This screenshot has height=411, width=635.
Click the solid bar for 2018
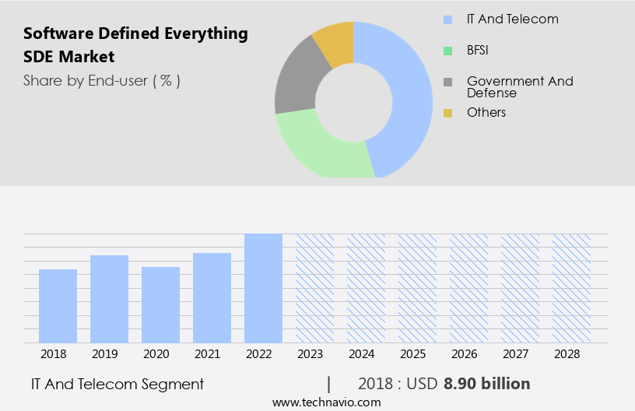(58, 306)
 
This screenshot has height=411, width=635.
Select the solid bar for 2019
(109, 299)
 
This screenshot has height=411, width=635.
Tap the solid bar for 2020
(160, 304)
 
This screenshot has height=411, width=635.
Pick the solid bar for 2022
(263, 288)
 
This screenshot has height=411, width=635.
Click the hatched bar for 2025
(417, 288)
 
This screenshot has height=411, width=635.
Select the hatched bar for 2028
(571, 288)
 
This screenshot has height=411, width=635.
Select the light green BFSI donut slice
(319, 148)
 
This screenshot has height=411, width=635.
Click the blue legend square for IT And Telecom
(447, 19)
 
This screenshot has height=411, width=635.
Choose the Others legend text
(486, 113)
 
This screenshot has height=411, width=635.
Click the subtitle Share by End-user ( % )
(102, 80)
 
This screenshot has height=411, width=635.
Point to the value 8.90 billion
(487, 384)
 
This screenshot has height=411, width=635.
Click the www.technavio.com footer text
(326, 402)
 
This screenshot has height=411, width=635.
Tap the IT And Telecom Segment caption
(118, 384)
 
